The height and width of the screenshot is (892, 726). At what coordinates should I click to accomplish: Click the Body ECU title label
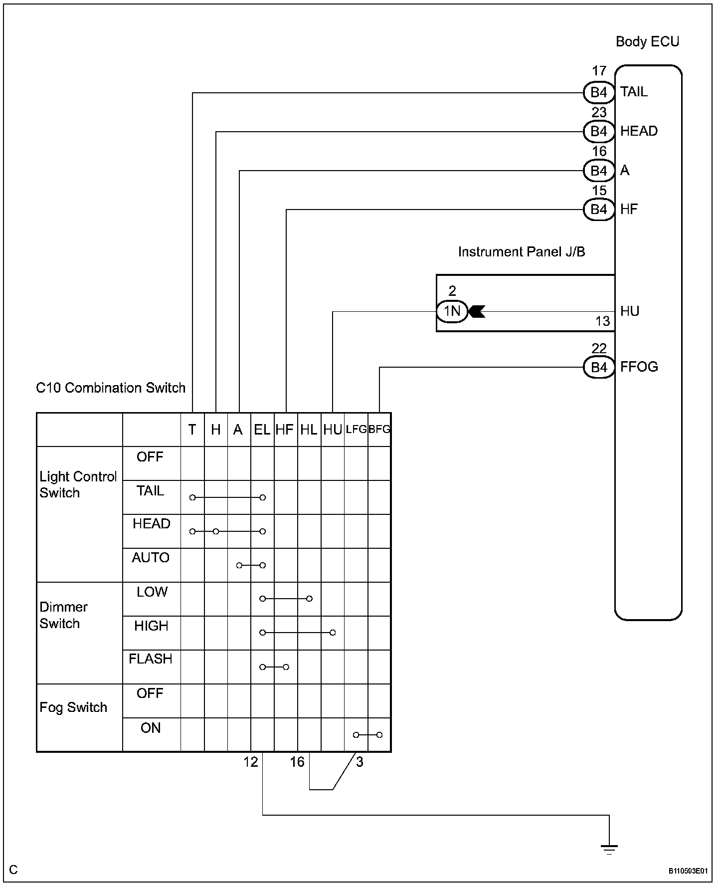tap(647, 42)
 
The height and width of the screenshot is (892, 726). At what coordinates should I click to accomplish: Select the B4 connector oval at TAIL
tap(599, 92)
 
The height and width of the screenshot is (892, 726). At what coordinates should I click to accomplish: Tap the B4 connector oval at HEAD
tap(599, 131)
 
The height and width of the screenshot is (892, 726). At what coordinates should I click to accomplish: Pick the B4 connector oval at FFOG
tap(599, 368)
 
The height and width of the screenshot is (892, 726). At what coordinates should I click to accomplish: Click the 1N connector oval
tap(452, 311)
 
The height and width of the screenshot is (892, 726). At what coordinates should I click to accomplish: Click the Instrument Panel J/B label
tap(522, 252)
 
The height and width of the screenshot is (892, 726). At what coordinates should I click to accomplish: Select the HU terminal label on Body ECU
tap(630, 311)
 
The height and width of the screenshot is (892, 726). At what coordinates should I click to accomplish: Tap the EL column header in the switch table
tap(262, 430)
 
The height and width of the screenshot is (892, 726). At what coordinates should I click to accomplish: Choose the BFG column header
tap(379, 429)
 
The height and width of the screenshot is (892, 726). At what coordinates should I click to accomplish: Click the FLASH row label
tap(151, 659)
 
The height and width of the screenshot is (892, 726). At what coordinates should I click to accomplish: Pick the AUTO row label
tap(151, 558)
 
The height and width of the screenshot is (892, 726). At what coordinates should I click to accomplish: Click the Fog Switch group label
tap(73, 708)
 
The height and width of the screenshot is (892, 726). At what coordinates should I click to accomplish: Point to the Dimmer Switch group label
tap(63, 616)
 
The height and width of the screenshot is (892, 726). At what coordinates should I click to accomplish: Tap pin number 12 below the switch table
tap(251, 762)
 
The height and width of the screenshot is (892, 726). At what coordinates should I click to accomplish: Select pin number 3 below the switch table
tap(360, 762)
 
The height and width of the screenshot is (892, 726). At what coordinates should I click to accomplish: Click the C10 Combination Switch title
tap(111, 388)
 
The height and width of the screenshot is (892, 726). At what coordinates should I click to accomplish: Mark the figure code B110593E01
tap(688, 871)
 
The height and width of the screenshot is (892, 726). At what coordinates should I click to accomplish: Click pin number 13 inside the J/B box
tap(603, 321)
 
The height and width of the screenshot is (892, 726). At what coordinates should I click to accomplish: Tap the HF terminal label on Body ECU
tap(629, 210)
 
